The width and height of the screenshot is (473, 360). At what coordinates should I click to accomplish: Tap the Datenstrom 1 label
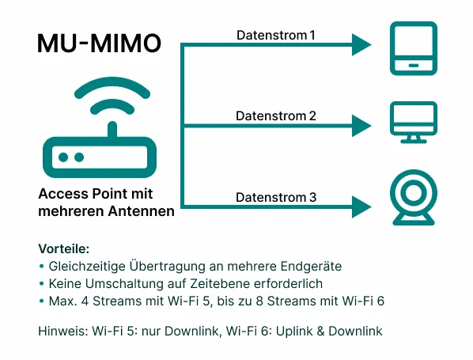click(276, 36)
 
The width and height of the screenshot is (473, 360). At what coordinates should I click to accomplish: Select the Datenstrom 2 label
click(276, 116)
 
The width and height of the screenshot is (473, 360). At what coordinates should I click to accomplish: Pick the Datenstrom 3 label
click(276, 197)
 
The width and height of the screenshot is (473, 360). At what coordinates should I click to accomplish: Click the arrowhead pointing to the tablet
click(361, 45)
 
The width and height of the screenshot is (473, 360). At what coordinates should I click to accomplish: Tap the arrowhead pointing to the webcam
click(361, 207)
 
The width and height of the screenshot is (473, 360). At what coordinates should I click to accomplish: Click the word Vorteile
click(64, 248)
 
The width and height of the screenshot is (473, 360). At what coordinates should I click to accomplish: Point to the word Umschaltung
click(115, 283)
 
